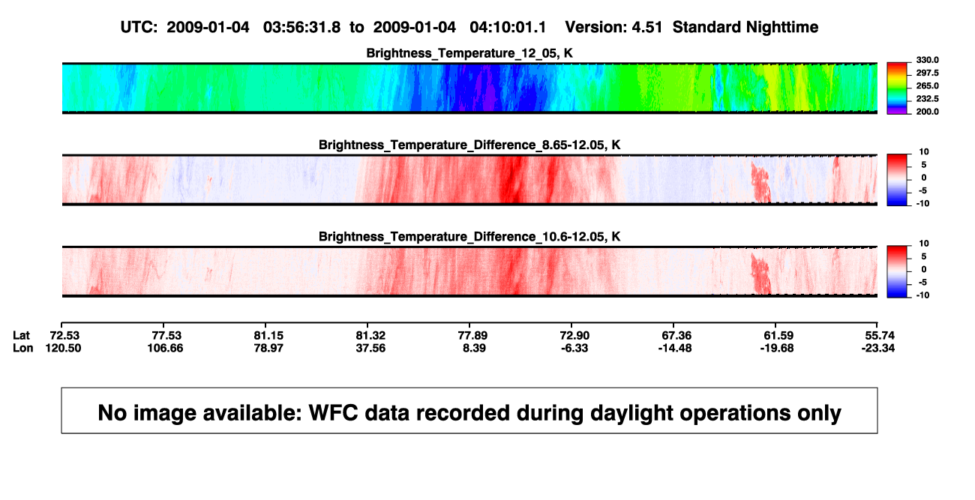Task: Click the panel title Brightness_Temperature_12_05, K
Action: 469,53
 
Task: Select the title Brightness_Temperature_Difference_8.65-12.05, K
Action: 469,145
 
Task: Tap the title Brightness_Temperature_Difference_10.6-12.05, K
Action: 469,237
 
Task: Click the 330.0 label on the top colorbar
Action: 927,60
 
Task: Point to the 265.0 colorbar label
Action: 927,85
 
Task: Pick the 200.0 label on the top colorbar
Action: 927,112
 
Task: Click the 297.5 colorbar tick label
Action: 927,73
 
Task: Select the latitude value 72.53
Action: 64,336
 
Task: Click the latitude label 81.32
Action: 370,336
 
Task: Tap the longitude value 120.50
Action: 63,348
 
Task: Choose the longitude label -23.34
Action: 878,348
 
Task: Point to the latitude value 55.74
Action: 880,336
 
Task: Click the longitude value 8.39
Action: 474,348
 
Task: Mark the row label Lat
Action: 21,336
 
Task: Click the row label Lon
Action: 23,348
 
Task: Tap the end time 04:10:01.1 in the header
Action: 508,27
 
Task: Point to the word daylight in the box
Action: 629,413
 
